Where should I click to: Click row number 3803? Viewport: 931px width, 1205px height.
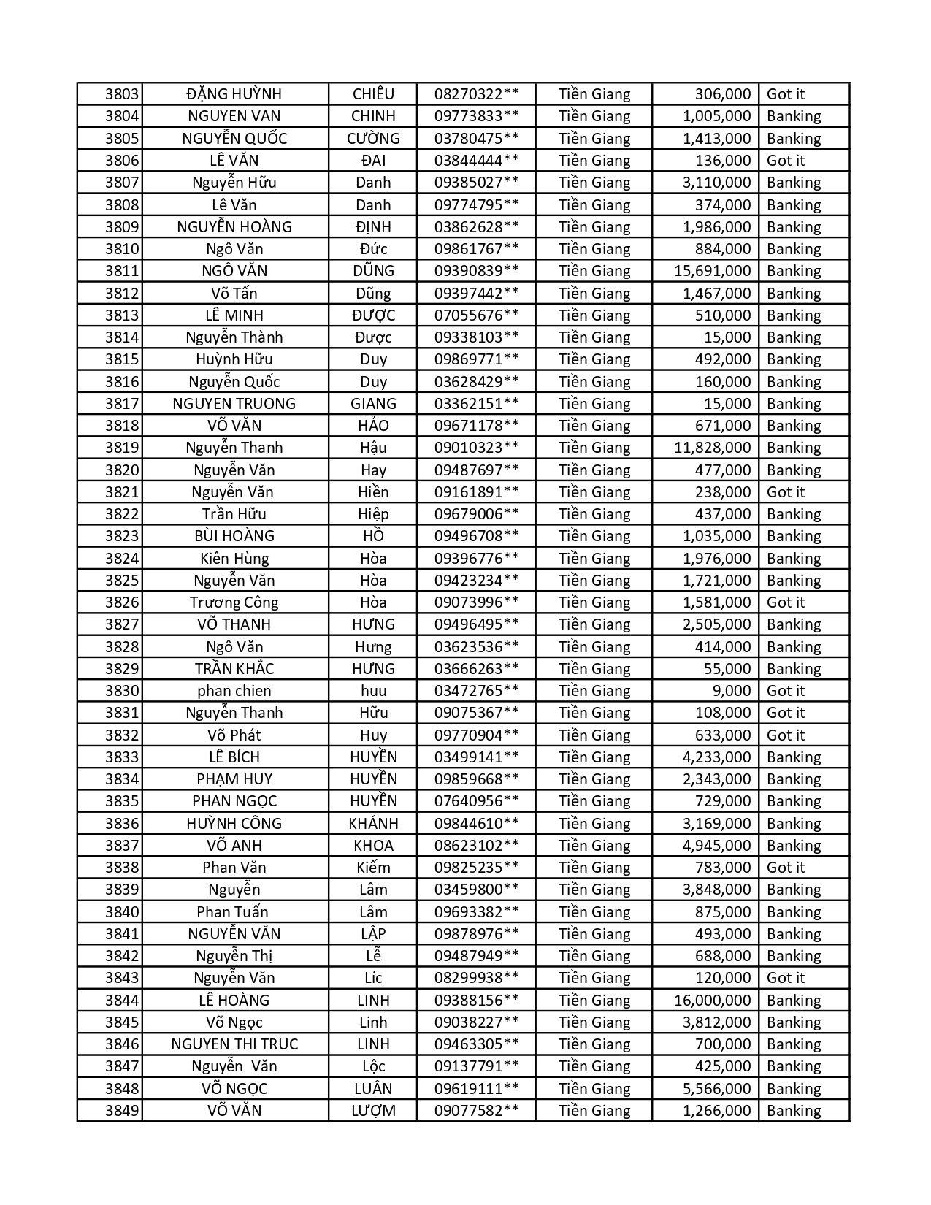click(x=121, y=94)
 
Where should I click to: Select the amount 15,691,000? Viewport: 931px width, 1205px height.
click(x=712, y=271)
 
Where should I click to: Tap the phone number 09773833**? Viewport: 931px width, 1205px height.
click(x=476, y=116)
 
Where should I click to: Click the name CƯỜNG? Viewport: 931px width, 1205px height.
click(x=373, y=139)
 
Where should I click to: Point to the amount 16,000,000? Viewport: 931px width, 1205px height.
click(x=712, y=1001)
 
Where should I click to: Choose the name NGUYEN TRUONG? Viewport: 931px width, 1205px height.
click(x=234, y=404)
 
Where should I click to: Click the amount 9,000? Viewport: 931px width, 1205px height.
click(x=731, y=691)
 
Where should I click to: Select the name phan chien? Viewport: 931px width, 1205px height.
click(x=234, y=691)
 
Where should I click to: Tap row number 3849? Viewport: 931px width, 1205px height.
click(x=121, y=1111)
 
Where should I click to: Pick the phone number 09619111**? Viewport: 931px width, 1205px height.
click(x=476, y=1089)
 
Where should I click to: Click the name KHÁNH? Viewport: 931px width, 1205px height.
click(x=373, y=824)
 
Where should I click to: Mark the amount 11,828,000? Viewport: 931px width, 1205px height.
click(x=712, y=448)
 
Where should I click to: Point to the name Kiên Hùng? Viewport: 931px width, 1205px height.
click(x=234, y=559)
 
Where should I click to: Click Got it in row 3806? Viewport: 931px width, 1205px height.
click(x=786, y=161)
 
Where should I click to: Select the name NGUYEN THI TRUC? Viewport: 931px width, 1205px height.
click(x=234, y=1044)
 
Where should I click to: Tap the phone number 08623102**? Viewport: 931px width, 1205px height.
click(x=476, y=846)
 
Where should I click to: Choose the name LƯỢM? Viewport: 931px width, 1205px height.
click(x=373, y=1111)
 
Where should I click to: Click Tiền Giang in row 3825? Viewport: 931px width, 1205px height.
click(x=594, y=581)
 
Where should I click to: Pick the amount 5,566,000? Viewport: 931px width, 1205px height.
click(x=716, y=1089)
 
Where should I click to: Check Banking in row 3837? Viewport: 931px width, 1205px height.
click(x=794, y=846)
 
